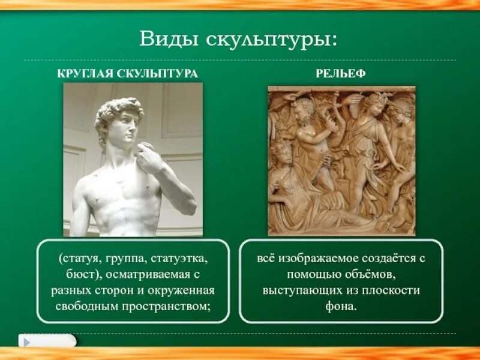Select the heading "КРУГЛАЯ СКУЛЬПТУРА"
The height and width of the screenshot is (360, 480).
pos(127,73)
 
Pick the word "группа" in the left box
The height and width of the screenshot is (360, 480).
pos(121,259)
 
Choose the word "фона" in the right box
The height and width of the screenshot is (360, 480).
pos(341,306)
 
